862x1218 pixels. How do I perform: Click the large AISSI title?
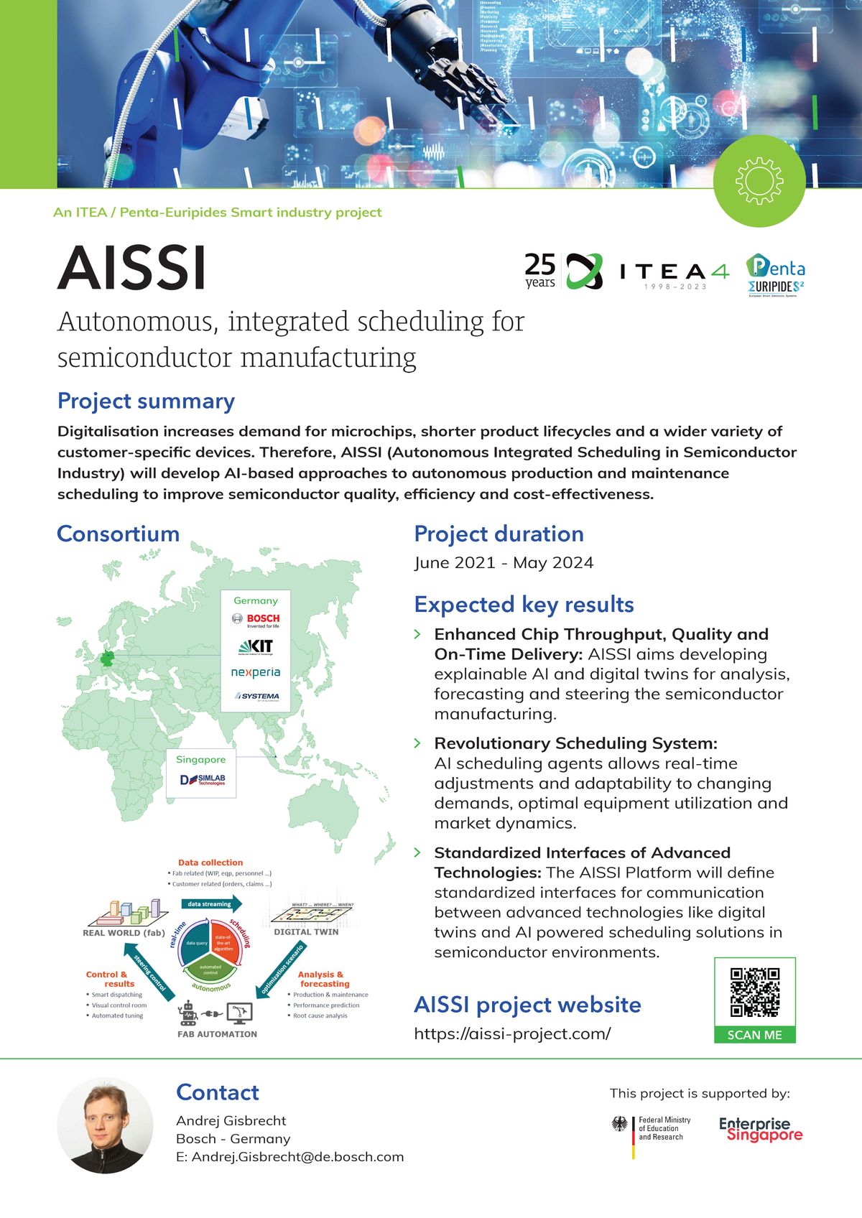pos(132,269)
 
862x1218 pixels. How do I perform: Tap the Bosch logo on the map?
pos(256,620)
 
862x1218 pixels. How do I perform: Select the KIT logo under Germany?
pos(256,646)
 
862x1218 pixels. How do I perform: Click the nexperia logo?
pos(256,673)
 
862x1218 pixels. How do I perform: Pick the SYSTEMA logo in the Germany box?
pos(256,696)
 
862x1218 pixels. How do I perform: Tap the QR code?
pos(754,992)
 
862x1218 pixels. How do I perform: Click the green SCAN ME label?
pos(754,1035)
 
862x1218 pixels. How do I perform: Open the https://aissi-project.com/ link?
pos(512,1033)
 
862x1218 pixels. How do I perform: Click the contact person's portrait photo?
pos(105,1125)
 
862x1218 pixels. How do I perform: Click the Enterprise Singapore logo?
pos(760,1130)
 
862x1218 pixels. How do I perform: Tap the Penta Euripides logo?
pos(775,275)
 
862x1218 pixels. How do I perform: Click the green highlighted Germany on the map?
pos(108,659)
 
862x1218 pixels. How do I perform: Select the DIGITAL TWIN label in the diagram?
pos(306,931)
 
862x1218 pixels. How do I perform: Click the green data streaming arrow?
pos(210,904)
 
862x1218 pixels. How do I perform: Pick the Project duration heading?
pos(499,534)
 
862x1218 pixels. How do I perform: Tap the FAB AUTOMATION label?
pos(217,1034)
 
